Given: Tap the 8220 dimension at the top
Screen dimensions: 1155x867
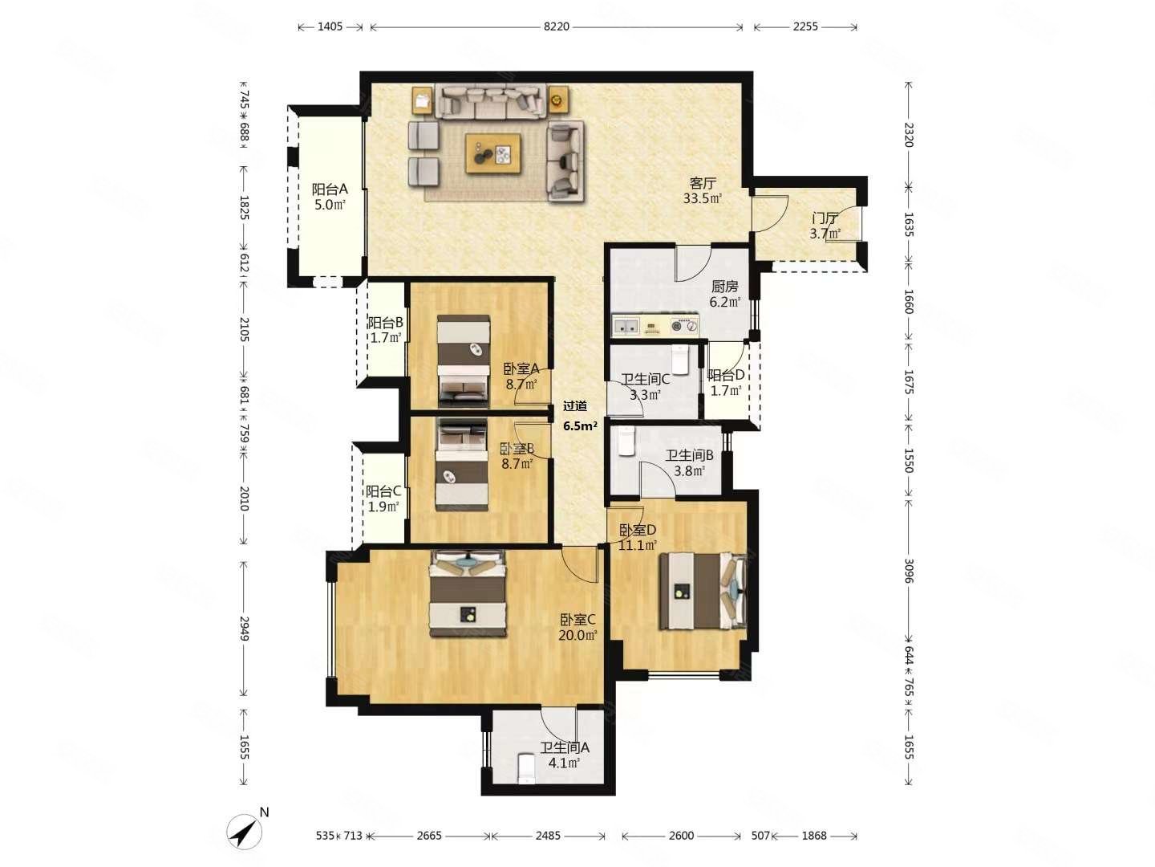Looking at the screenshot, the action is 556,26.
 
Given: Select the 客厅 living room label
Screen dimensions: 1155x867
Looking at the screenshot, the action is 702,184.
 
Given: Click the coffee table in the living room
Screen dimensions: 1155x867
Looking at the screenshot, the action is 492,153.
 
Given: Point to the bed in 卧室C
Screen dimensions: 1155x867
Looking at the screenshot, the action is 468,593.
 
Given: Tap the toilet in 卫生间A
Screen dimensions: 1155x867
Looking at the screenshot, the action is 526,768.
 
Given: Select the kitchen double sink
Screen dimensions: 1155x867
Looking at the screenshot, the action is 625,325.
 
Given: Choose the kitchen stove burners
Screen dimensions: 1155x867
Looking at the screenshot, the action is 684,326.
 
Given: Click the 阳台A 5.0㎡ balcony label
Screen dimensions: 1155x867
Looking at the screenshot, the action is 330,197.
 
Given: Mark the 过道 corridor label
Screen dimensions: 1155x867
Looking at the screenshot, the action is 574,406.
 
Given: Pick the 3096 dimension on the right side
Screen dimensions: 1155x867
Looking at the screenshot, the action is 908,571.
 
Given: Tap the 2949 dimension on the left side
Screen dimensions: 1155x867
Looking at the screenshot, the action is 244,628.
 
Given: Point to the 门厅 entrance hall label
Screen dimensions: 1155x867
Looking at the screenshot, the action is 825,218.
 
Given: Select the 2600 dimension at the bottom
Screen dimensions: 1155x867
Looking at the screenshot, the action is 681,836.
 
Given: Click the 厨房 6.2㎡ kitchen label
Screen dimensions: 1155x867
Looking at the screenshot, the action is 724,295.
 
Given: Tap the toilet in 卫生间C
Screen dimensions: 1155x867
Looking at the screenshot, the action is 680,360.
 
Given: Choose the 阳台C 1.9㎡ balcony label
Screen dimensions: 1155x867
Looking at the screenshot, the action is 383,499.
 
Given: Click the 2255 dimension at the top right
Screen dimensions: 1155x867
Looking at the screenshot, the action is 805,26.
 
